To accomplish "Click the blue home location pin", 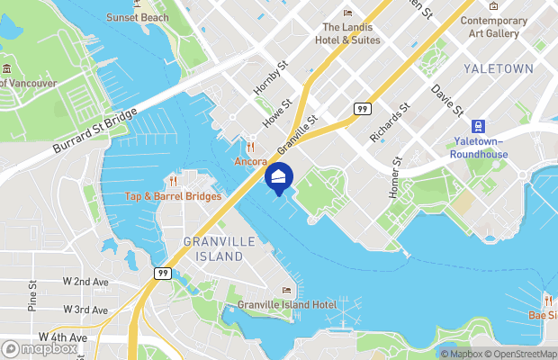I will point(278,177).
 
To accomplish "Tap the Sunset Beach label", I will point(137,17).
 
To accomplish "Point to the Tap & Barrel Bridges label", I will point(173,196).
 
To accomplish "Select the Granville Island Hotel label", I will point(287,305).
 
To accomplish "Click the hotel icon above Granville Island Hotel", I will point(287,291).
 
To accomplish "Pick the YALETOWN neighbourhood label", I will point(499,68).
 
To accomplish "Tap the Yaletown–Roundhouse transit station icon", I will point(480,125).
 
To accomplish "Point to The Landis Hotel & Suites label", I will point(348,33).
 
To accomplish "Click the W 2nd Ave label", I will point(85,282).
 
